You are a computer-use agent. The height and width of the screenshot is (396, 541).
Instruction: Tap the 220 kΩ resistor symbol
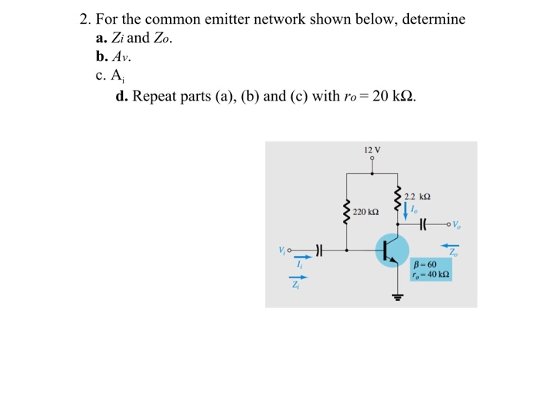345,211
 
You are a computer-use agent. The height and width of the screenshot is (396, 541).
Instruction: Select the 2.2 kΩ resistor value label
417,196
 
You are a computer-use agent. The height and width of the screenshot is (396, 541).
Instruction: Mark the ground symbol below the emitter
398,296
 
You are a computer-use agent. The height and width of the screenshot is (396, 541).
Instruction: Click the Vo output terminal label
456,226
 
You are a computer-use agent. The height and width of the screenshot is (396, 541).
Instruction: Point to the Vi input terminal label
283,250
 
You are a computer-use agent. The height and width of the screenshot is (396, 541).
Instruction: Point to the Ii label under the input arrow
298,265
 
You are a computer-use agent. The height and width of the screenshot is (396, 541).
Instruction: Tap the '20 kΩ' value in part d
393,97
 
